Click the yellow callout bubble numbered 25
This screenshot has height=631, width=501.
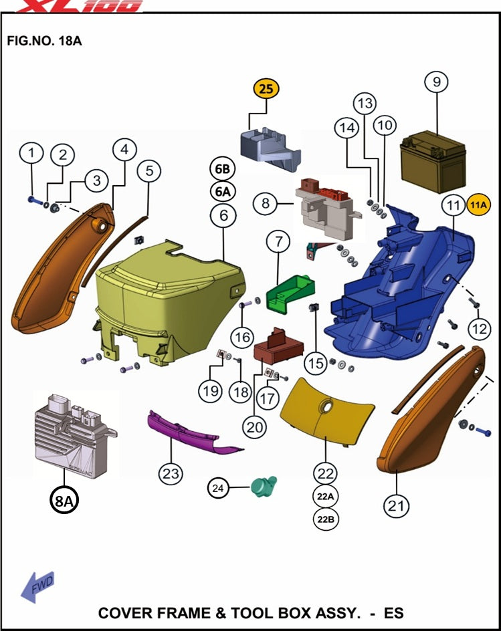coord(266,89)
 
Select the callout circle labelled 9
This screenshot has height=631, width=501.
coord(436,82)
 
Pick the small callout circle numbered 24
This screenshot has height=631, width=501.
coord(217,489)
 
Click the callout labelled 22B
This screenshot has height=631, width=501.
coord(325,519)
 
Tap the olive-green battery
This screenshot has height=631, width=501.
coord(432,163)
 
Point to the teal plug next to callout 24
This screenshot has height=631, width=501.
coord(263,486)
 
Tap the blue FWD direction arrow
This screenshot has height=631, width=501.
coord(37,587)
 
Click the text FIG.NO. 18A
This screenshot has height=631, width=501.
coord(44,41)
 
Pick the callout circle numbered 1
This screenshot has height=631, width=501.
coord(30,153)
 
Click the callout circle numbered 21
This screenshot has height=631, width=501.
coord(397,506)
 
